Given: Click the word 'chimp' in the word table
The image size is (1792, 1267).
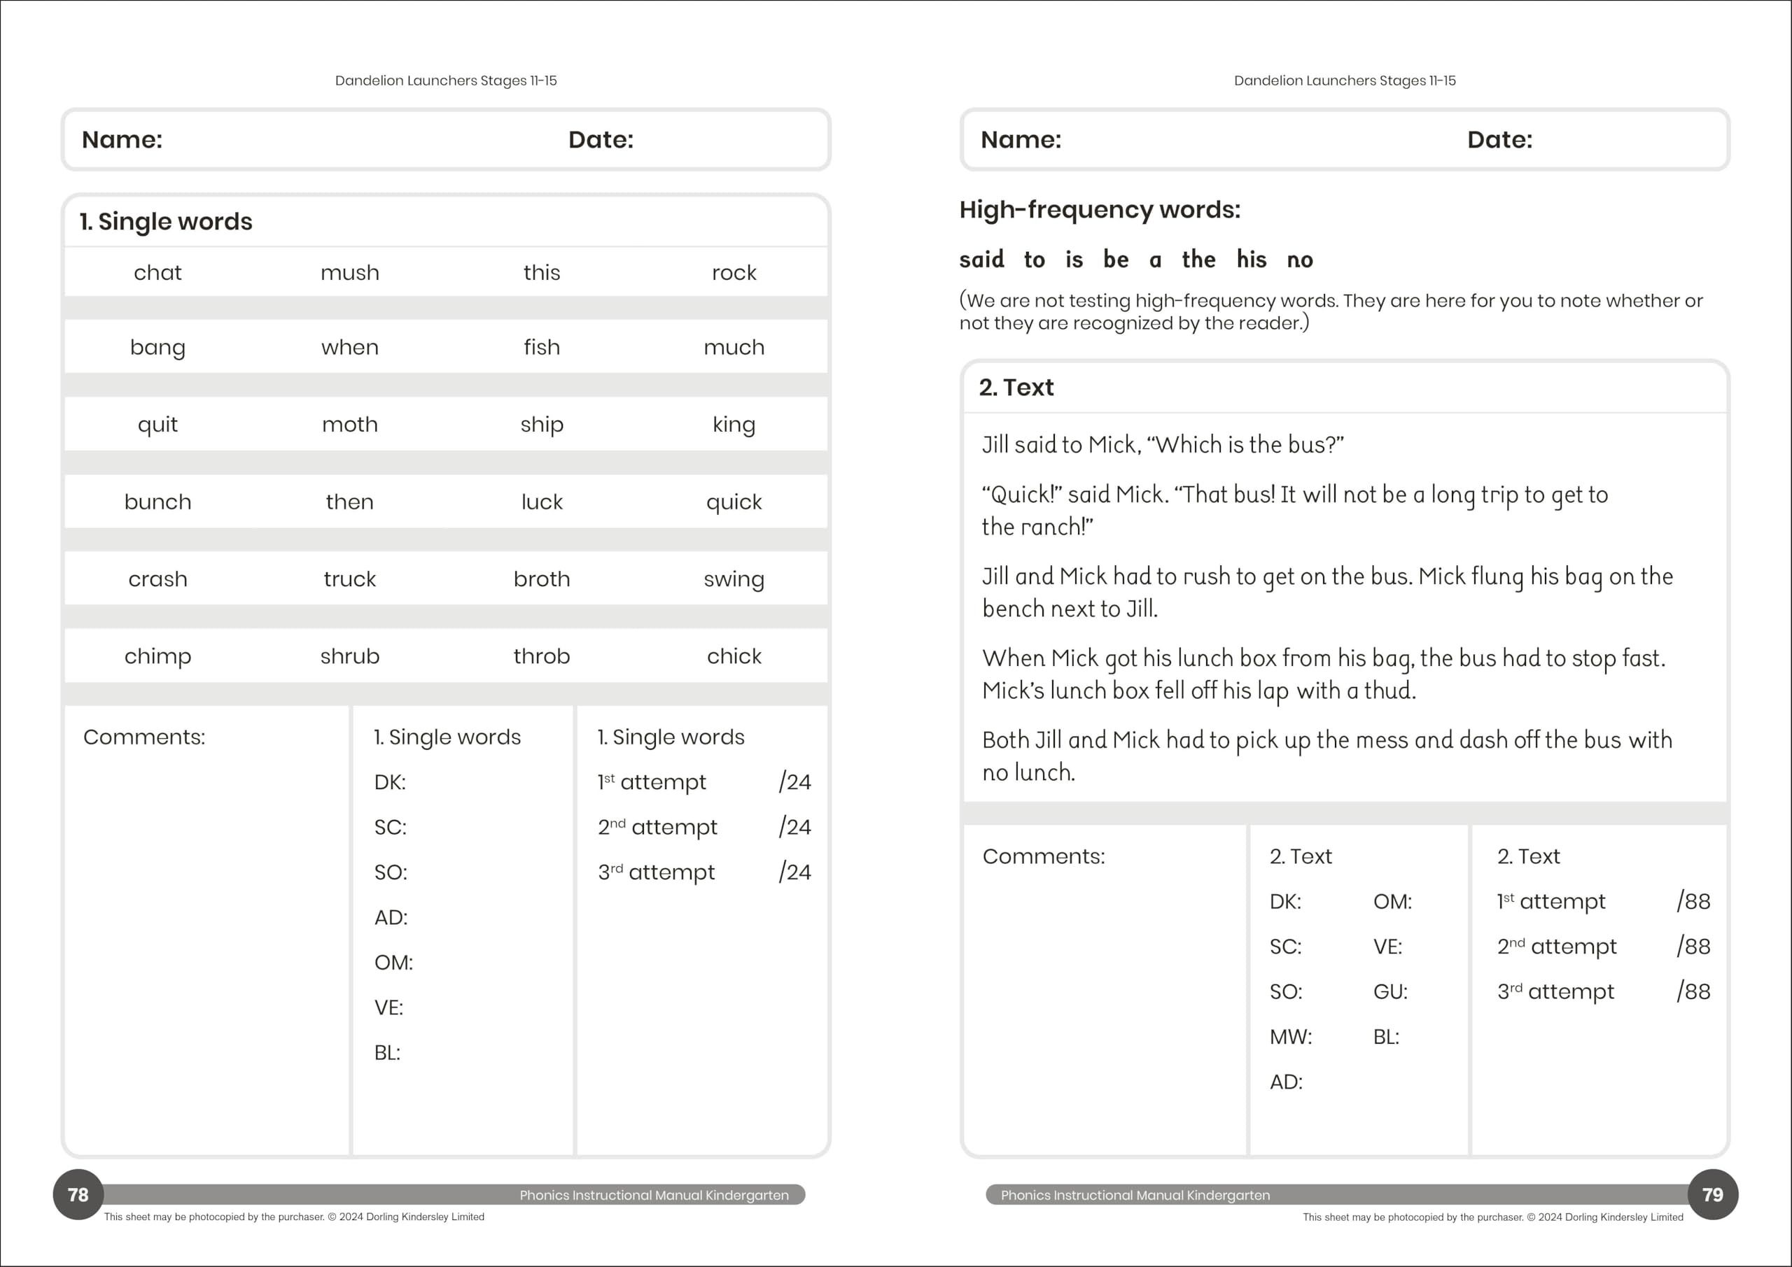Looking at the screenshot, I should coord(157,657).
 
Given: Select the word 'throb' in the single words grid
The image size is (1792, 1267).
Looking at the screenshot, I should coord(542,657).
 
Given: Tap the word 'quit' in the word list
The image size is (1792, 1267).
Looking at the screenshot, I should coord(157,425).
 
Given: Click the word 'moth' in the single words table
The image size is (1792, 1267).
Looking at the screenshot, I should coord(350,425).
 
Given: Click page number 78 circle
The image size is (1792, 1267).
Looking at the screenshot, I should coord(78,1194).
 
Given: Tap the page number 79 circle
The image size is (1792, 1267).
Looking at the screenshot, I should coord(1712,1194).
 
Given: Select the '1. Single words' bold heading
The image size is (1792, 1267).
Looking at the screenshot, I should coord(166,222).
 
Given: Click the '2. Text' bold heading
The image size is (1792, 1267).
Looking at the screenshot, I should coord(1016,388).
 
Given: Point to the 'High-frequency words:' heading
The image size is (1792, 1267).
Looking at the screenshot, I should coord(1100,210).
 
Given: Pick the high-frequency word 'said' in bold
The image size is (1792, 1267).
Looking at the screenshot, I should coord(982,260).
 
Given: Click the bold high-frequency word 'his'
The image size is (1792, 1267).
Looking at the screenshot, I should coord(1251,260).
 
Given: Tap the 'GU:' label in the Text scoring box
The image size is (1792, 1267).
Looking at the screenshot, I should coord(1390,992).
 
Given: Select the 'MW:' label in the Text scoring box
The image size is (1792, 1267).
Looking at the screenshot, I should coord(1291,1038).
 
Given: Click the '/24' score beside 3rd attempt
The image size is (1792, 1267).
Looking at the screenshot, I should coord(794,872).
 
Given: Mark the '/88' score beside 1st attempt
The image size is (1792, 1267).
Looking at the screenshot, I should coord(1693,902).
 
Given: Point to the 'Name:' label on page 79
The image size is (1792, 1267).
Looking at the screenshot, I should coord(1021,140).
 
